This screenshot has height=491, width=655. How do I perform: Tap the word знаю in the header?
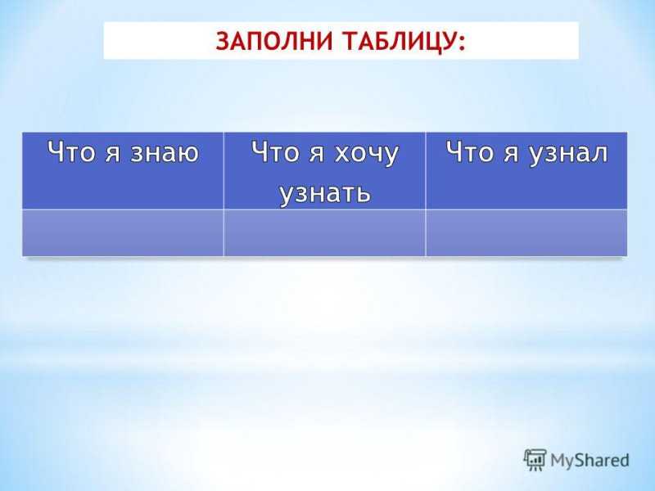coord(165,152)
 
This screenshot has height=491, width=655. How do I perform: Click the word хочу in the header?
coord(367,155)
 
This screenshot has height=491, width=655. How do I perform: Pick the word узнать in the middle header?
coord(325,192)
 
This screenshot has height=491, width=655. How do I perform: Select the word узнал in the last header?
coord(568,154)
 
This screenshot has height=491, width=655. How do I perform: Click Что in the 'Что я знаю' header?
coord(71,151)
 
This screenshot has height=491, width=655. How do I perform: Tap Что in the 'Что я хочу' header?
coord(276,151)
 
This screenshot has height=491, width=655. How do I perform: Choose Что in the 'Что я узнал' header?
coord(470,151)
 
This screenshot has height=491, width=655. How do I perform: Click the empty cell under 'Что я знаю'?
coord(123,232)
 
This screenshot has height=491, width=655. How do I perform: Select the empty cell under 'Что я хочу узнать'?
coord(324,232)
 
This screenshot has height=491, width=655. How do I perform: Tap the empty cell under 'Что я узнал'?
coord(526,232)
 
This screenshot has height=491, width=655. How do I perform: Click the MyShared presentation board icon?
coord(535,460)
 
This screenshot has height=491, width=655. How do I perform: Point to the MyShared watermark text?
coord(589,461)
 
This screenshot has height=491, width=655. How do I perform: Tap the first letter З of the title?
coord(223,42)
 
